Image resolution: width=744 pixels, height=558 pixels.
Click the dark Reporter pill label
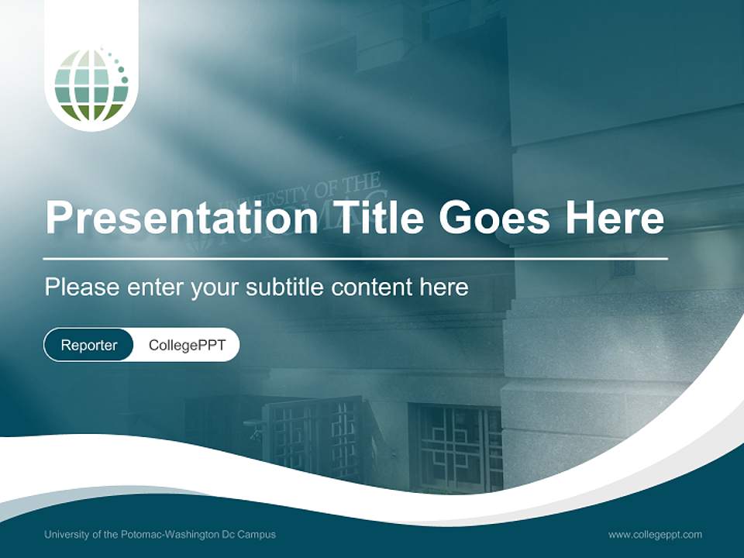coord(89,345)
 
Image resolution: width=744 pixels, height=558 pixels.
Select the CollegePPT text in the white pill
coord(187,345)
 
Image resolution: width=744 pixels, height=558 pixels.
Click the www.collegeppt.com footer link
coord(655,535)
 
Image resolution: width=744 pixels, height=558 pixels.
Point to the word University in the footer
coord(67,535)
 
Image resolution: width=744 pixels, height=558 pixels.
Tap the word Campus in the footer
coord(257,535)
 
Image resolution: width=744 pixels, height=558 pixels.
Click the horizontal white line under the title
coord(356,258)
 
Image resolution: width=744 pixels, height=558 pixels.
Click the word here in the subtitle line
coord(443,288)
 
